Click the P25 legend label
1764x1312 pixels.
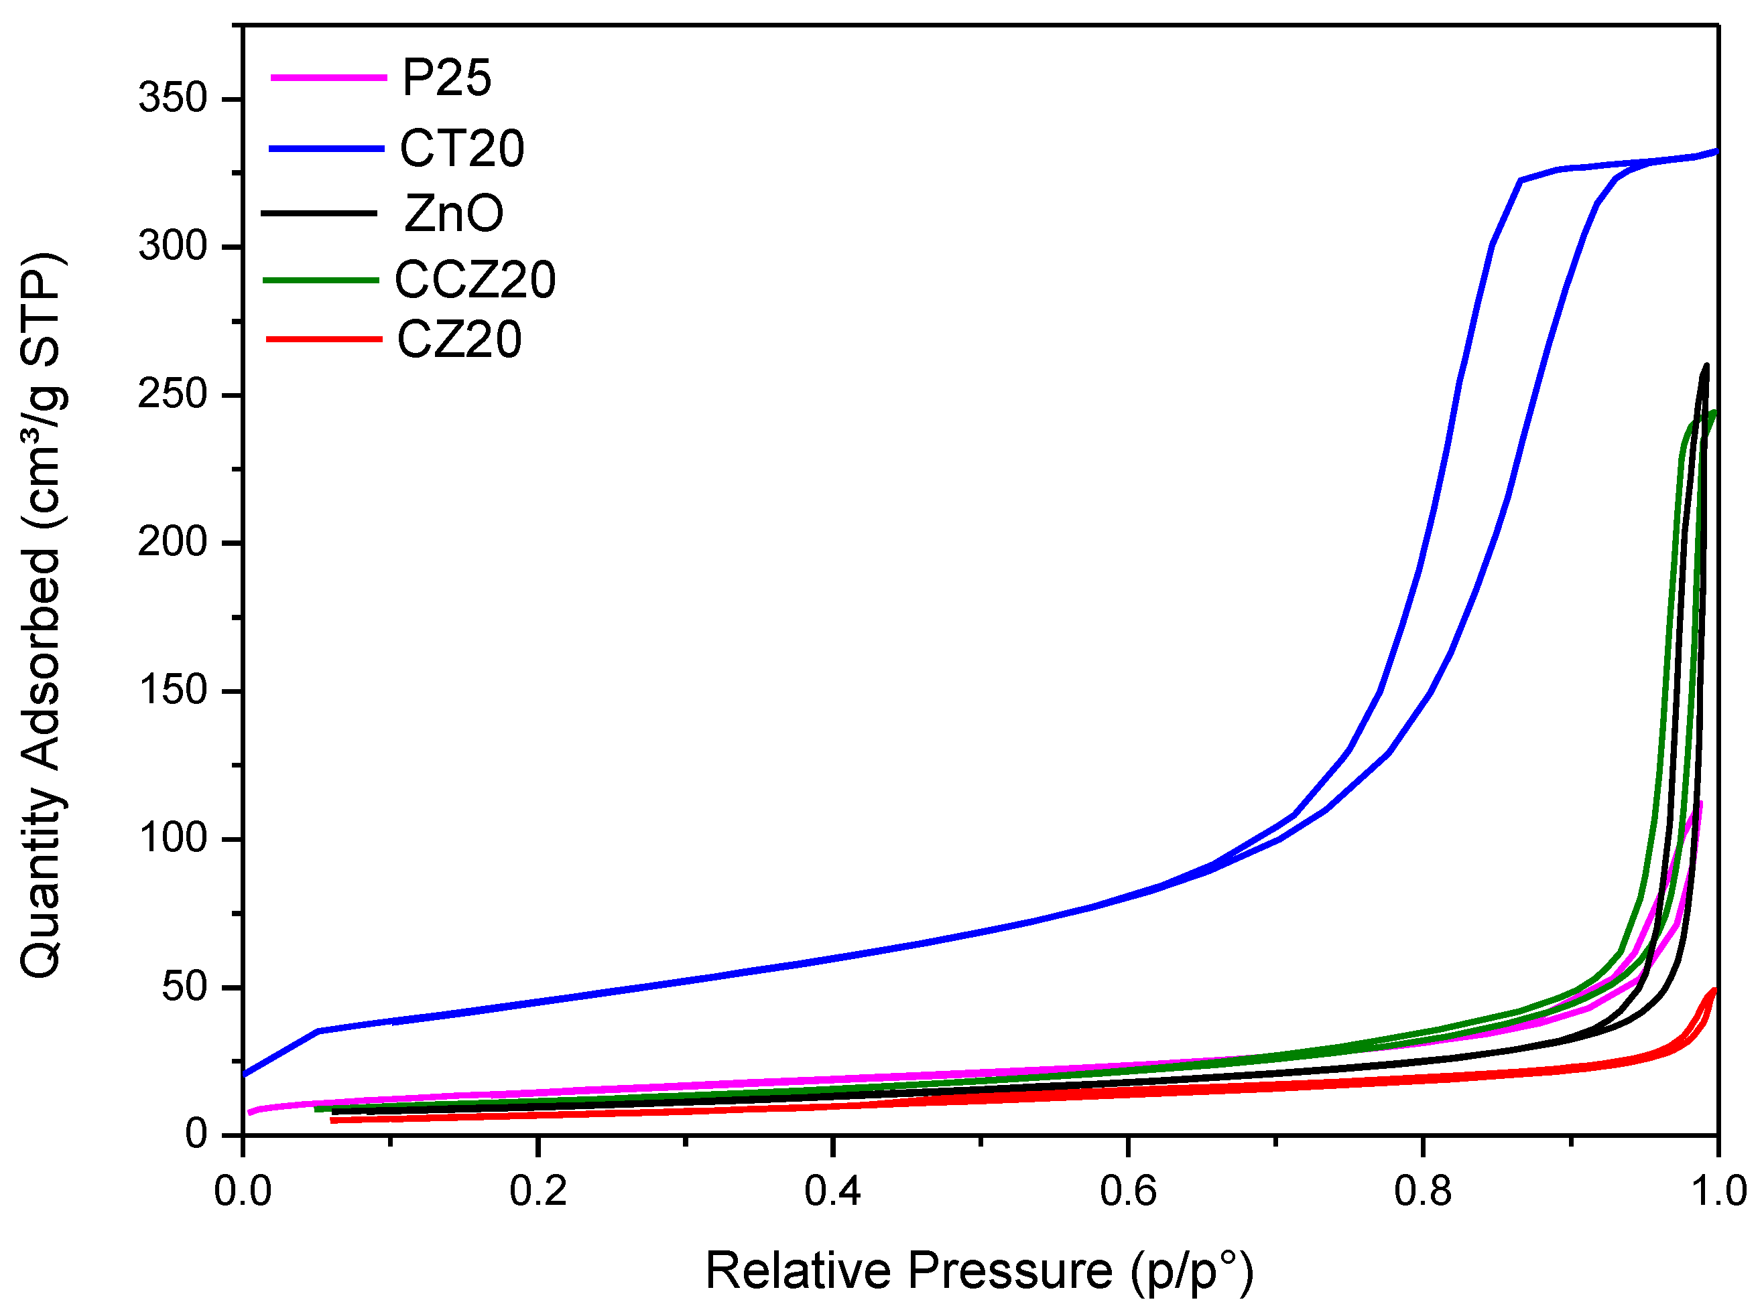(446, 78)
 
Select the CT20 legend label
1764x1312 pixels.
(462, 149)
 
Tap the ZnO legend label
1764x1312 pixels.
(454, 214)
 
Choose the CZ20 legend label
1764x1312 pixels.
(459, 340)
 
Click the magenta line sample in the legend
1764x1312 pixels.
(328, 77)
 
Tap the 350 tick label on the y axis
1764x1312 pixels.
(172, 98)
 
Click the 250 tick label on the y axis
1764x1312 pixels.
(172, 394)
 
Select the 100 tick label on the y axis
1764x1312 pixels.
(172, 839)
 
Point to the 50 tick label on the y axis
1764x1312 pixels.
(184, 987)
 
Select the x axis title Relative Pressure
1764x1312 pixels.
(979, 1270)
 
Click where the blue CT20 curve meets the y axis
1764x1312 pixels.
(244, 1074)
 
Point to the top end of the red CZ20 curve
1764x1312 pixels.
(1714, 990)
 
